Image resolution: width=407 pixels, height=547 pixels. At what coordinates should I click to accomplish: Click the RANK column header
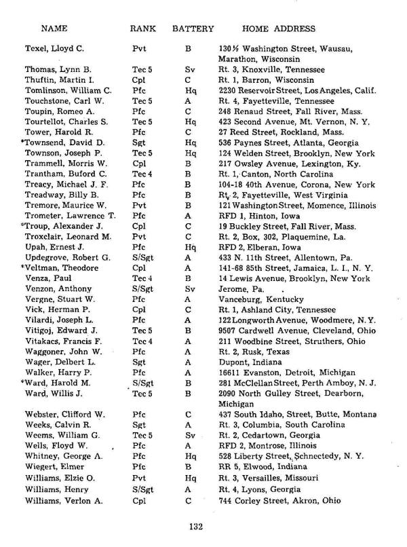pyautogui.click(x=144, y=29)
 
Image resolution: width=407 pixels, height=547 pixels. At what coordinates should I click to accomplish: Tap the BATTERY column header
pyautogui.click(x=193, y=29)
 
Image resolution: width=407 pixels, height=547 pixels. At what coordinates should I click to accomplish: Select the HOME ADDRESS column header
pyautogui.click(x=279, y=29)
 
